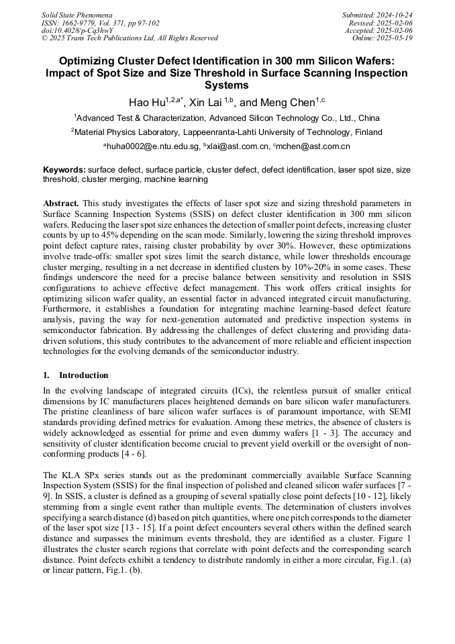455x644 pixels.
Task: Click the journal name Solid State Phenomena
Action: pos(77,14)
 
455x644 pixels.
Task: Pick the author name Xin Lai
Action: pos(206,102)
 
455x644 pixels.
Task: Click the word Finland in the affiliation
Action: pos(364,132)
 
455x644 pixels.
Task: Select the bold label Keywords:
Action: pos(64,170)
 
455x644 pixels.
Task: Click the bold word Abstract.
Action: pos(61,202)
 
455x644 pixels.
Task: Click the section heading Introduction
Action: pos(84,375)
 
